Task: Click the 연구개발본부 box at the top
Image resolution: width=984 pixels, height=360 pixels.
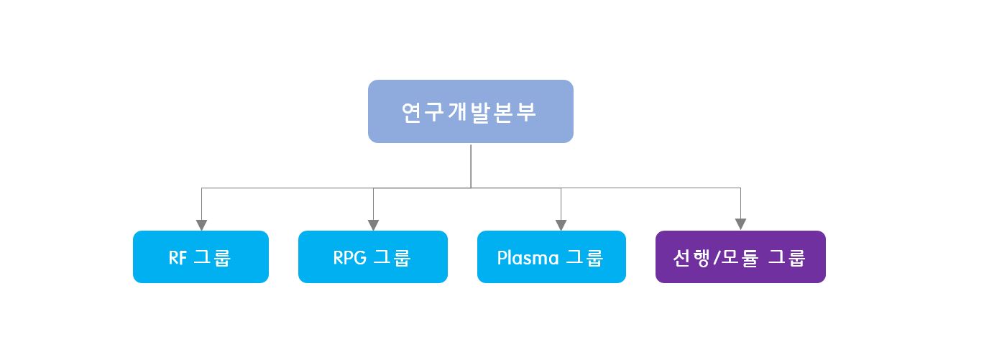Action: pyautogui.click(x=470, y=111)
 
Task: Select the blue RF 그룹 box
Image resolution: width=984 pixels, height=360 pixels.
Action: pyautogui.click(x=201, y=257)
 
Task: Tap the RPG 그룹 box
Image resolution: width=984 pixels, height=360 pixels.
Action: pyautogui.click(x=372, y=257)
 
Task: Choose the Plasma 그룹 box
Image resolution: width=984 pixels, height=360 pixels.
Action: pyautogui.click(x=551, y=257)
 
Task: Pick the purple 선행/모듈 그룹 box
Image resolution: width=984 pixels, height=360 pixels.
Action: pyautogui.click(x=740, y=257)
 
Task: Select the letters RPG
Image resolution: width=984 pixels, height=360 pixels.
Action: pyautogui.click(x=350, y=257)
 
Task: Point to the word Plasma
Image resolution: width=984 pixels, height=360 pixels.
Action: pyautogui.click(x=528, y=257)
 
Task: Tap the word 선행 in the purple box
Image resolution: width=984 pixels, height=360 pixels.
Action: pyautogui.click(x=690, y=257)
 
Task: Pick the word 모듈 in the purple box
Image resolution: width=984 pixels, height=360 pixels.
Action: pyautogui.click(x=736, y=257)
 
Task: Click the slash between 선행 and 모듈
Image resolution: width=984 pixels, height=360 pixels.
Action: pyautogui.click(x=713, y=257)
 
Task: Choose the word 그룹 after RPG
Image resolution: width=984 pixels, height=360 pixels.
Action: pyautogui.click(x=392, y=257)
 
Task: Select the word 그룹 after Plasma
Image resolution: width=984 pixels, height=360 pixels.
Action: pyautogui.click(x=585, y=257)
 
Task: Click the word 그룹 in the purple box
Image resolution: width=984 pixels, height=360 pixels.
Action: pyautogui.click(x=787, y=257)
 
